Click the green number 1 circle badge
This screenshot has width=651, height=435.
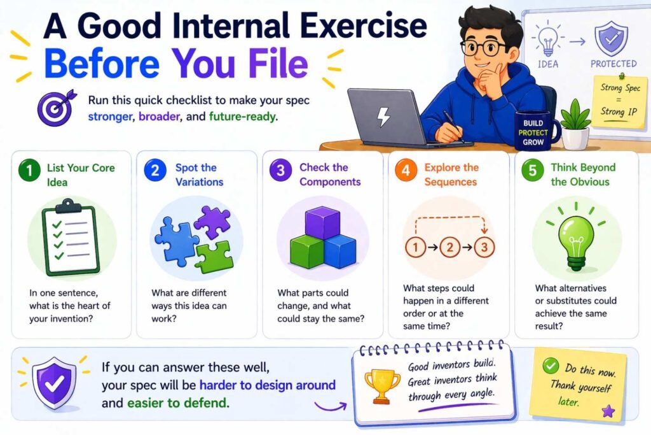coord(29,171)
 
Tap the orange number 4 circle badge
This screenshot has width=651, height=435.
coord(406,170)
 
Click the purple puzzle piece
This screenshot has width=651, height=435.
coord(213,222)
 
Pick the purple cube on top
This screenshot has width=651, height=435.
coord(322,223)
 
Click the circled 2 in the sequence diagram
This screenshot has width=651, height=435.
coord(449,248)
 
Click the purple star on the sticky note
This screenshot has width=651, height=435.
coord(608,411)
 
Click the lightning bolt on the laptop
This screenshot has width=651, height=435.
coord(383,117)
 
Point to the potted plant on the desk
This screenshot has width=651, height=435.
coord(575,124)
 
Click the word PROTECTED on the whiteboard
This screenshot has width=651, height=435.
coord(613,64)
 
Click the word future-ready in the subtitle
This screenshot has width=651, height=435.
coord(243,116)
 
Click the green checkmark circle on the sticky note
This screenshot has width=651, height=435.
coord(551,366)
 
